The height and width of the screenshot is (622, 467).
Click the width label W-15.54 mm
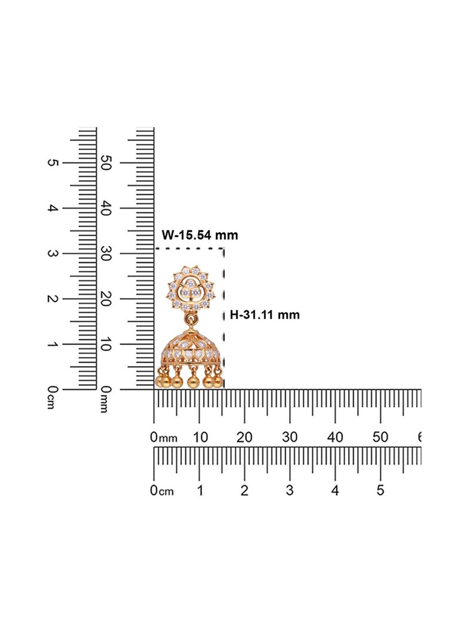[x=200, y=235]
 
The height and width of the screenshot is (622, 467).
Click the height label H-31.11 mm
[x=265, y=315]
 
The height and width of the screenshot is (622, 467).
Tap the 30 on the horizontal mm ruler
[x=290, y=437]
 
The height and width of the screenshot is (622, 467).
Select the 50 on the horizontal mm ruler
[x=380, y=437]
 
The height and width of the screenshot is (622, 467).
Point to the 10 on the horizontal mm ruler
[x=200, y=437]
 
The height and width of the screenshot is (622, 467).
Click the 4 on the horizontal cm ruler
[x=335, y=490]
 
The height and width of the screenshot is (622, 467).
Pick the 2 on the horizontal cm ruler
[x=244, y=490]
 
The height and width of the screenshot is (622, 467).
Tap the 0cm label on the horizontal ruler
[x=162, y=491]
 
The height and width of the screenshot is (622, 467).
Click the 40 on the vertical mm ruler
[x=106, y=208]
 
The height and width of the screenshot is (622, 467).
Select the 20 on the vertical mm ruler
[x=106, y=299]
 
